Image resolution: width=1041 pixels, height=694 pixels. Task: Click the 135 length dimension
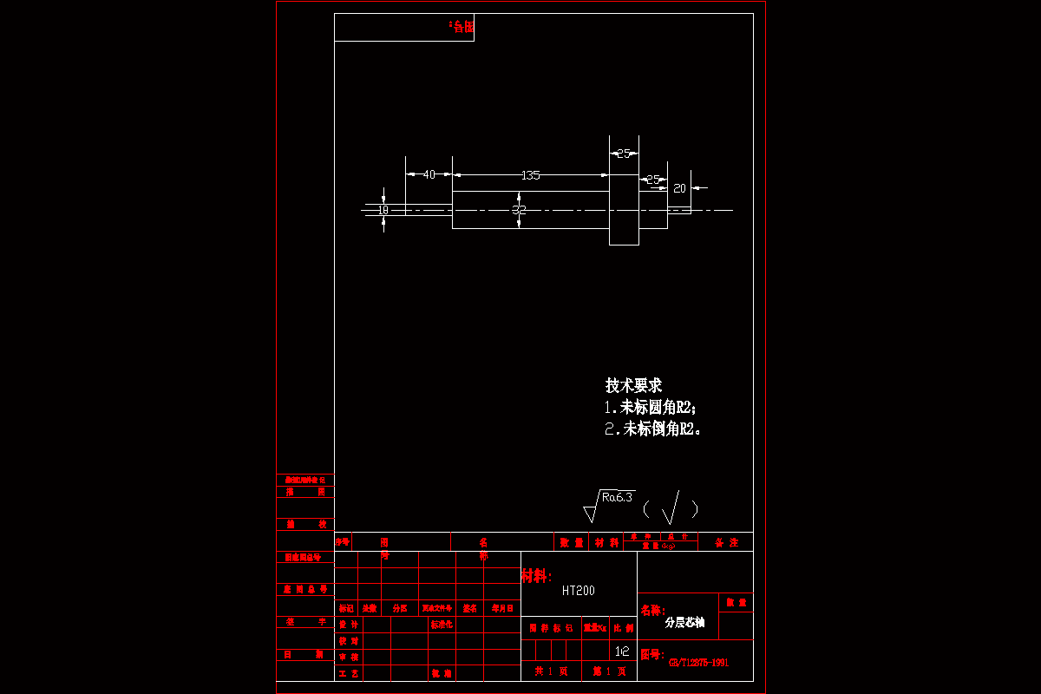tap(530, 175)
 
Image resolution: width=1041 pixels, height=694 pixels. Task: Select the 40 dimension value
tap(429, 175)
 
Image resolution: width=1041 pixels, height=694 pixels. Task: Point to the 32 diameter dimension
tap(519, 210)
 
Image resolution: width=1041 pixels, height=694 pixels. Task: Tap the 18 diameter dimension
tap(383, 210)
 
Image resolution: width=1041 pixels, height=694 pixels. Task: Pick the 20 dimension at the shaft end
tap(680, 188)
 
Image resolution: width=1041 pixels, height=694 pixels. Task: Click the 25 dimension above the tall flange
tap(624, 154)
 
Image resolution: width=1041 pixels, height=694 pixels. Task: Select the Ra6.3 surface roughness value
tap(617, 498)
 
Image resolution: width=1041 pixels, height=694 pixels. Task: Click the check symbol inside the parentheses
tap(671, 508)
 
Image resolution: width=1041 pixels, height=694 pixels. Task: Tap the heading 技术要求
tap(633, 386)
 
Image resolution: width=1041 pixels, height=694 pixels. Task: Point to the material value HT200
tap(579, 591)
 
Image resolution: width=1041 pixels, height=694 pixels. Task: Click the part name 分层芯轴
tap(684, 622)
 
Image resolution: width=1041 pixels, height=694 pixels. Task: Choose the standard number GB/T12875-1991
tap(698, 663)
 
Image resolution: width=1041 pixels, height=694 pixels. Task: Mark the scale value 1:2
tap(622, 651)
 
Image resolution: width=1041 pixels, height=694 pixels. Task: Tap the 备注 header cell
tap(726, 542)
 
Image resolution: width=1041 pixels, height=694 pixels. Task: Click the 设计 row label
tap(349, 625)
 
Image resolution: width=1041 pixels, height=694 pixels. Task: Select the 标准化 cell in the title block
tap(442, 625)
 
